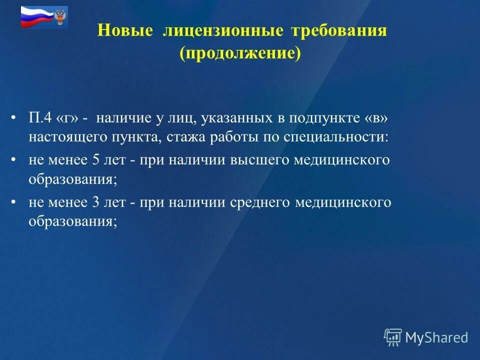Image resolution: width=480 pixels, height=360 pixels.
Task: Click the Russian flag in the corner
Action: point(36,17)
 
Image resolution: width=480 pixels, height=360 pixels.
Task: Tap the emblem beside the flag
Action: point(60,17)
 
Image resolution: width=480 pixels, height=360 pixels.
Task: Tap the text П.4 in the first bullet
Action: point(40,118)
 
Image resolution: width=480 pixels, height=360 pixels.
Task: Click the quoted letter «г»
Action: point(69,118)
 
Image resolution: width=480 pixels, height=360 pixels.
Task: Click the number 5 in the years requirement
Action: point(96,160)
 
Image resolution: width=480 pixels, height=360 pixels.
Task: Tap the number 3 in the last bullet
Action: point(96,202)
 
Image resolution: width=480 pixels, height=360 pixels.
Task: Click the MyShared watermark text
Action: point(436,337)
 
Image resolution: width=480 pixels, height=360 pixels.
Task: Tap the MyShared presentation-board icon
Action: point(392,337)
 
